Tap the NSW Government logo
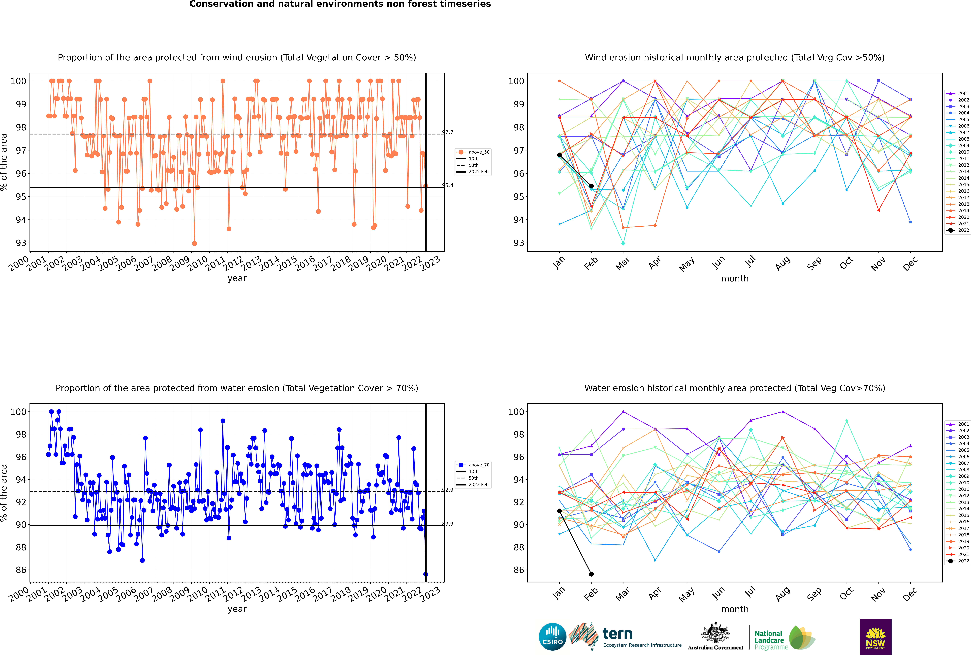coord(875,636)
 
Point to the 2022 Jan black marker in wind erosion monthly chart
coord(559,155)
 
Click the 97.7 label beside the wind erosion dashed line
coord(448,132)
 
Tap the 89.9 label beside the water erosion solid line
coord(448,524)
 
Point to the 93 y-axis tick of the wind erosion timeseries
coord(21,243)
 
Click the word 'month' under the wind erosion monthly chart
coord(735,279)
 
